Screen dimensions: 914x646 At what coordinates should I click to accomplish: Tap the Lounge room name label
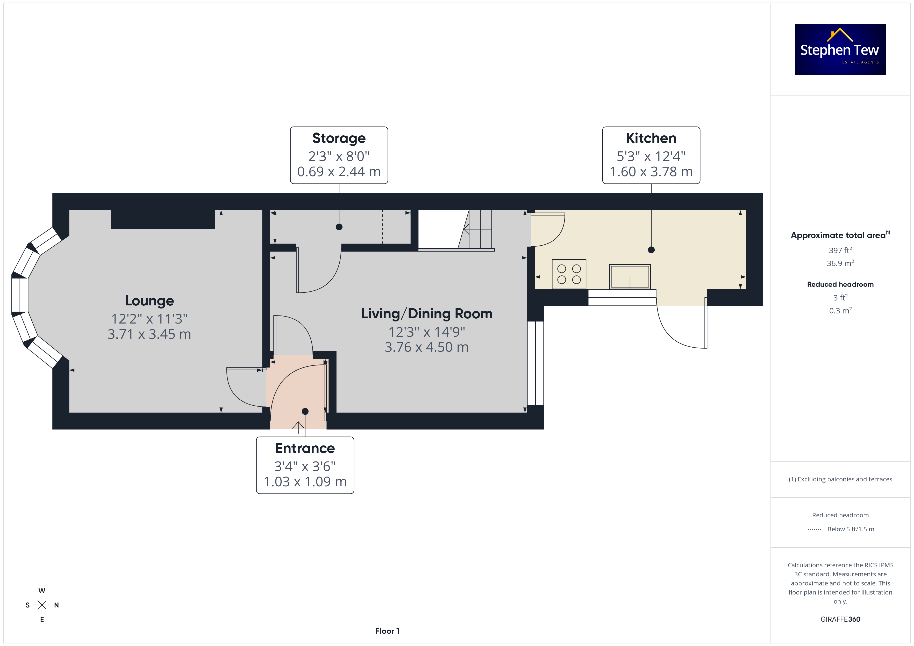tap(149, 301)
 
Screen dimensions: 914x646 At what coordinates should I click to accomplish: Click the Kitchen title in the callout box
tap(651, 138)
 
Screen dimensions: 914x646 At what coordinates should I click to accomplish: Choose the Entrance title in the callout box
tap(305, 448)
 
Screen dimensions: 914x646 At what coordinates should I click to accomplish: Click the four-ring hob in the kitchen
tap(569, 274)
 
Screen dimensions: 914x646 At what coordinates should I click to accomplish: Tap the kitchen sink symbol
tap(630, 276)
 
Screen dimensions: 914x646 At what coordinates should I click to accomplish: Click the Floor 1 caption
tap(387, 631)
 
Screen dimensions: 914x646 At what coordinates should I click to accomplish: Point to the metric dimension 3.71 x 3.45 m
tap(149, 334)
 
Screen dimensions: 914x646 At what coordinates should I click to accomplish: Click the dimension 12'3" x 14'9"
tap(426, 332)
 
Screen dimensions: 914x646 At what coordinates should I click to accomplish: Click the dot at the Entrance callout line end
tap(305, 411)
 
